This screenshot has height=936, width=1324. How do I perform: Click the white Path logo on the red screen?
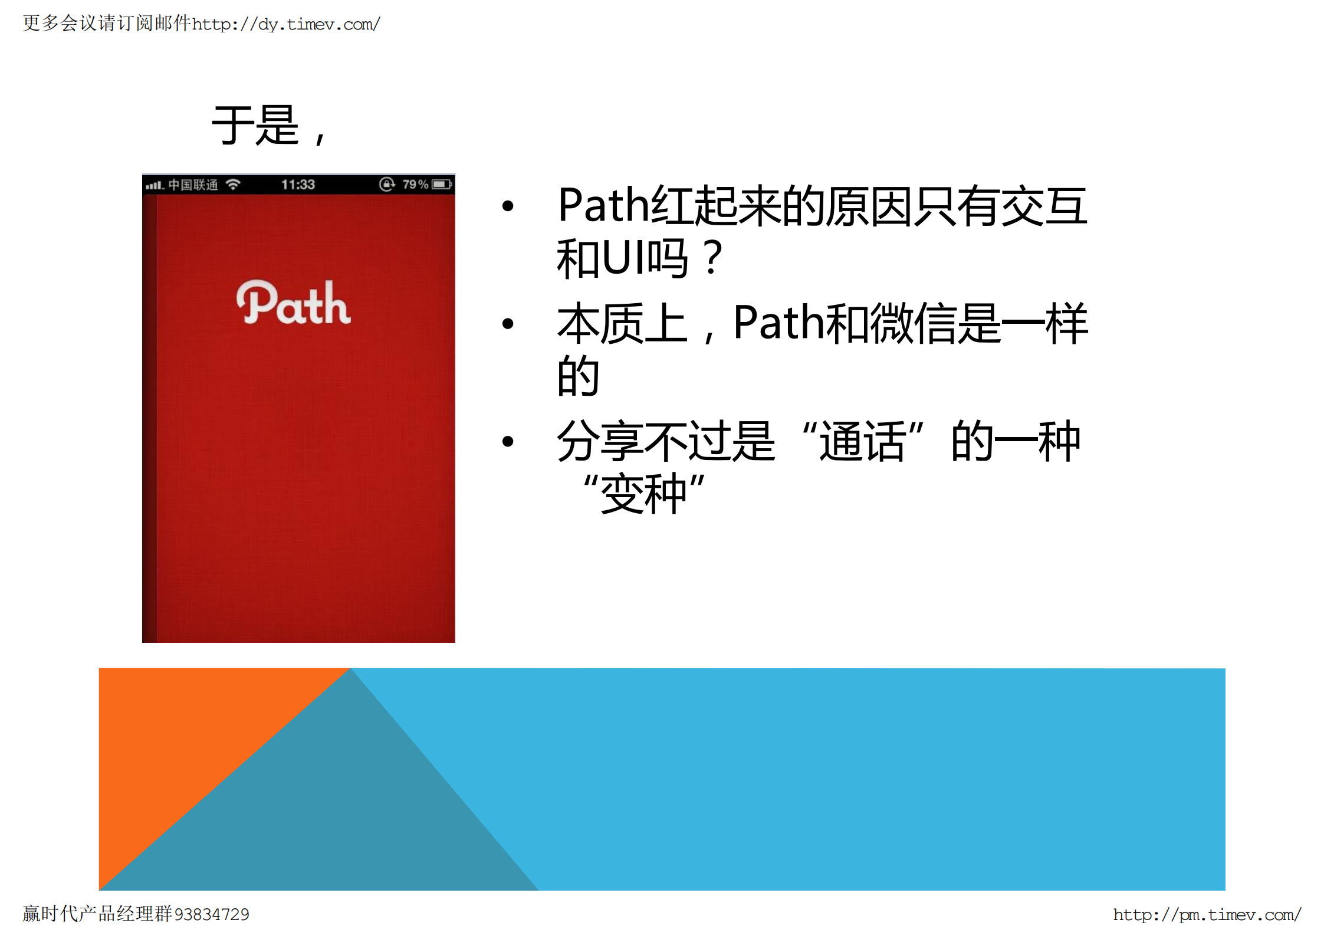pos(293,303)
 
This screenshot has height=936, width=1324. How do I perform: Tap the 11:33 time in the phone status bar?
pos(298,185)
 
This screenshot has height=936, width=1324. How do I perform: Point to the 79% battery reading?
pos(415,185)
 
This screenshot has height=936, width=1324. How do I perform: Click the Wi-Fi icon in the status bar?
pos(234,185)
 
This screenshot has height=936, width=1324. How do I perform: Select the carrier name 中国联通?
pos(193,185)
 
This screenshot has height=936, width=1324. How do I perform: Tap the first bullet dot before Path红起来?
pos(508,206)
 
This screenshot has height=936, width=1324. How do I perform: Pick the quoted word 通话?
pos(862,441)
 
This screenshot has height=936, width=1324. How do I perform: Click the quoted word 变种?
pos(643,494)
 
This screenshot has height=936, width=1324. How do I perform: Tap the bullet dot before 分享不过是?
pos(508,441)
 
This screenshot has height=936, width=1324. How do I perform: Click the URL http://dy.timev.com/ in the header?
pos(286,24)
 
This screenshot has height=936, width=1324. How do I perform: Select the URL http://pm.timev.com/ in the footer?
pos(1207,915)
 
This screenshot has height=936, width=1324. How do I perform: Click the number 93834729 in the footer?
pos(212,915)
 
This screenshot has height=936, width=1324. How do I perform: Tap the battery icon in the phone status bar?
pos(442,185)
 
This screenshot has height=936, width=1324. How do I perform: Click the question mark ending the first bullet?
pos(713,258)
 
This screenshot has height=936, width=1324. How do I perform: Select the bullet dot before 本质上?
pos(508,323)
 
